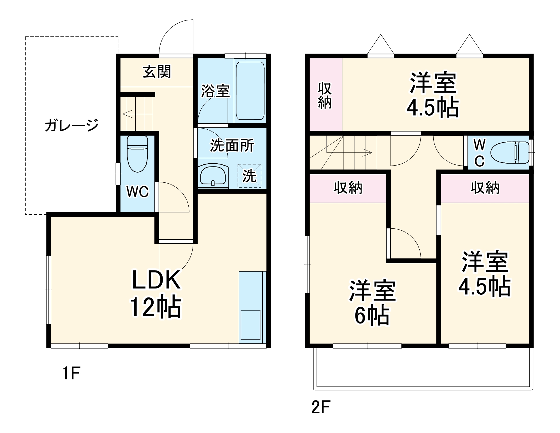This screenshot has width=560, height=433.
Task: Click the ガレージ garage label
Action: tap(72, 125)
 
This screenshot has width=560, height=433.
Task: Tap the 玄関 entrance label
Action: tap(157, 72)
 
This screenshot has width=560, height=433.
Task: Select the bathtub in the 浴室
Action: tap(250, 91)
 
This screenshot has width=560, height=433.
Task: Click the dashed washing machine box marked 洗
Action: tap(249, 176)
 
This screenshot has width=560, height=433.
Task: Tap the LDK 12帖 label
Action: tap(156, 293)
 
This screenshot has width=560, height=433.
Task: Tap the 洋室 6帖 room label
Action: tap(372, 303)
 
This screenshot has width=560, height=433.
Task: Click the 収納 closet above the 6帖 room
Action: tap(348, 188)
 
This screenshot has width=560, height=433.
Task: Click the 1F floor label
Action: tap(71, 374)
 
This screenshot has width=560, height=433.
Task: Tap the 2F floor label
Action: tap(321, 407)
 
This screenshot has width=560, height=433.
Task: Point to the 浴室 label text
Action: tap(215, 91)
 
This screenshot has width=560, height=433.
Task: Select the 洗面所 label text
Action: tap(232, 145)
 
